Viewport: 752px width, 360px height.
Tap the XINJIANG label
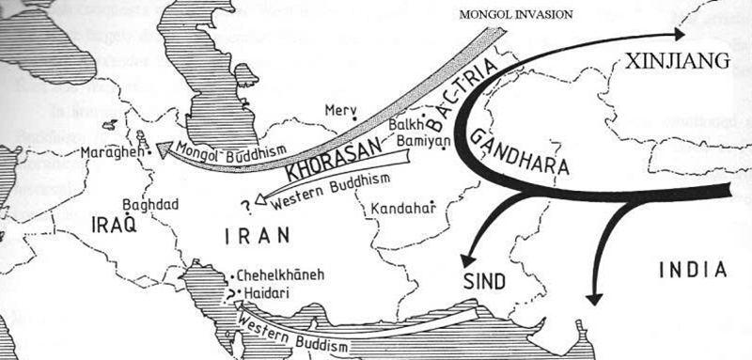(x=672, y=61)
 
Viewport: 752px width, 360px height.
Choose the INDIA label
(x=693, y=270)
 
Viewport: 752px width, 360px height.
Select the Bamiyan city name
(x=416, y=140)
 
